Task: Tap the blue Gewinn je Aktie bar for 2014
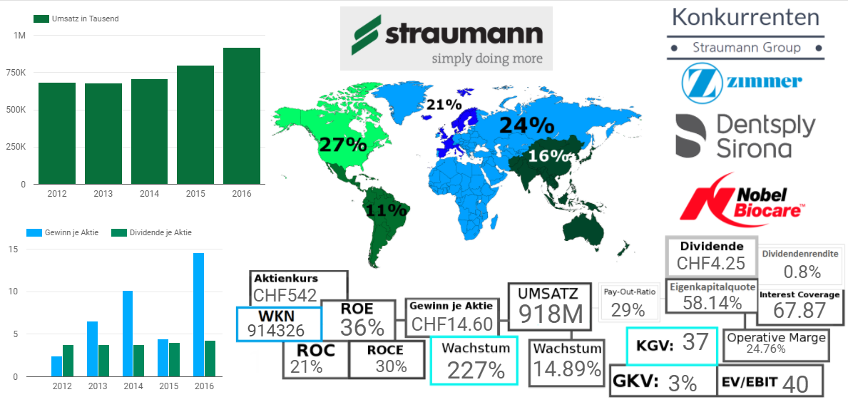(x=128, y=334)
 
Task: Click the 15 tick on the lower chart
(x=13, y=249)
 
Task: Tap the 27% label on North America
(x=342, y=144)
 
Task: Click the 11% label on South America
(x=386, y=210)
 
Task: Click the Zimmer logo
(x=742, y=82)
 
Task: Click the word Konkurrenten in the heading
(x=745, y=16)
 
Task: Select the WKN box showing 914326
(x=277, y=324)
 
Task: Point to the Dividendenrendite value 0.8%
(x=802, y=272)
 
